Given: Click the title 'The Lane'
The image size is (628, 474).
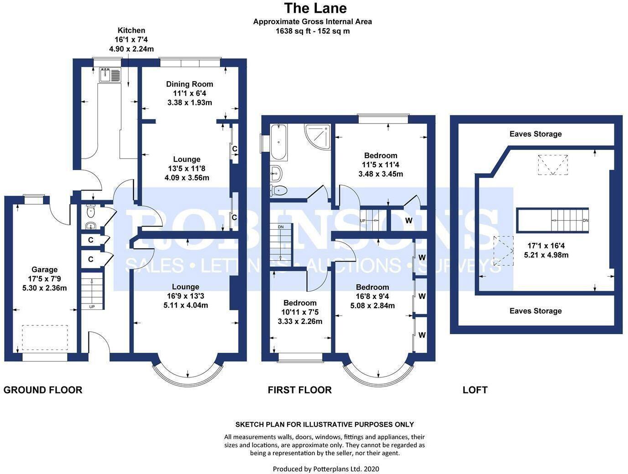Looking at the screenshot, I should pyautogui.click(x=315, y=8).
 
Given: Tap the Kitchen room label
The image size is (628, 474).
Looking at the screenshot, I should pyautogui.click(x=131, y=31).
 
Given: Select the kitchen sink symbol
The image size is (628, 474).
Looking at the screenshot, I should pyautogui.click(x=110, y=75).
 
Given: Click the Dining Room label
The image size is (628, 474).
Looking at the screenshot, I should pyautogui.click(x=189, y=84).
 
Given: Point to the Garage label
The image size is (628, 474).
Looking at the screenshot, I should pyautogui.click(x=44, y=269).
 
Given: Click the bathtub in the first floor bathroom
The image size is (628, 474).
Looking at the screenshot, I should pyautogui.click(x=278, y=142).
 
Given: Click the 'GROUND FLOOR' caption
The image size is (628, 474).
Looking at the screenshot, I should pyautogui.click(x=43, y=390).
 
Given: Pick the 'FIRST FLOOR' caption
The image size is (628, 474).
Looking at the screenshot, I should pyautogui.click(x=299, y=390).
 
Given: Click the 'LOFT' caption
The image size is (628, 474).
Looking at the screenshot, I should pyautogui.click(x=475, y=390).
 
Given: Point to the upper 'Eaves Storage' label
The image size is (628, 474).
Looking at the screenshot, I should pyautogui.click(x=535, y=134).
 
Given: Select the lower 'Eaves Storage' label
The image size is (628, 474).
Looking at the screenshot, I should pyautogui.click(x=535, y=311).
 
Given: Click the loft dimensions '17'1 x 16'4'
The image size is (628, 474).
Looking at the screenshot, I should pyautogui.click(x=546, y=247).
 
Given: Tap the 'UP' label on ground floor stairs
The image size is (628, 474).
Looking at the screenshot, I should pyautogui.click(x=92, y=307).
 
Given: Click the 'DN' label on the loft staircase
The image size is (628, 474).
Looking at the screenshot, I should pyautogui.click(x=585, y=221).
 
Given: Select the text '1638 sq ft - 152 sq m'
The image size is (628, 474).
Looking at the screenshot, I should pyautogui.click(x=313, y=31).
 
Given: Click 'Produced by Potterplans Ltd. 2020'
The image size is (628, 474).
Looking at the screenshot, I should pyautogui.click(x=326, y=469).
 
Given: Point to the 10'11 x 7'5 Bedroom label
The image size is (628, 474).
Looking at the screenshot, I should pyautogui.click(x=299, y=303).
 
